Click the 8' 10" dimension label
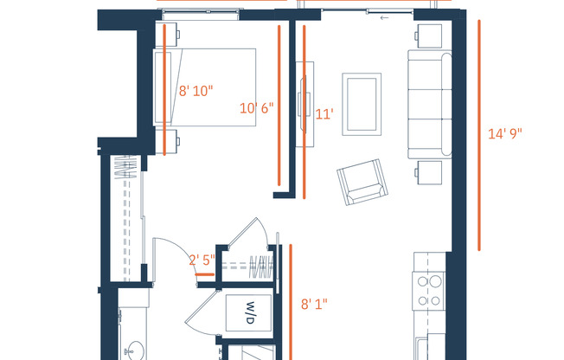click(195, 90)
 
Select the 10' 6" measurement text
click(256, 108)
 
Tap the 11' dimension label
click(324, 113)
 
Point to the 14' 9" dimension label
click(505, 133)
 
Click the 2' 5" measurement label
click(202, 258)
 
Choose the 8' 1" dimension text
click(314, 304)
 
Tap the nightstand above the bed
click(170, 34)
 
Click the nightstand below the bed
click(170, 138)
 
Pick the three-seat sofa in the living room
click(429, 104)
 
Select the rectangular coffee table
click(362, 104)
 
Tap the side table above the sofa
click(429, 35)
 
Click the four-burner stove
click(429, 292)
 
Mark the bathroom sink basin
click(133, 351)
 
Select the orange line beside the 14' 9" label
click(478, 134)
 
